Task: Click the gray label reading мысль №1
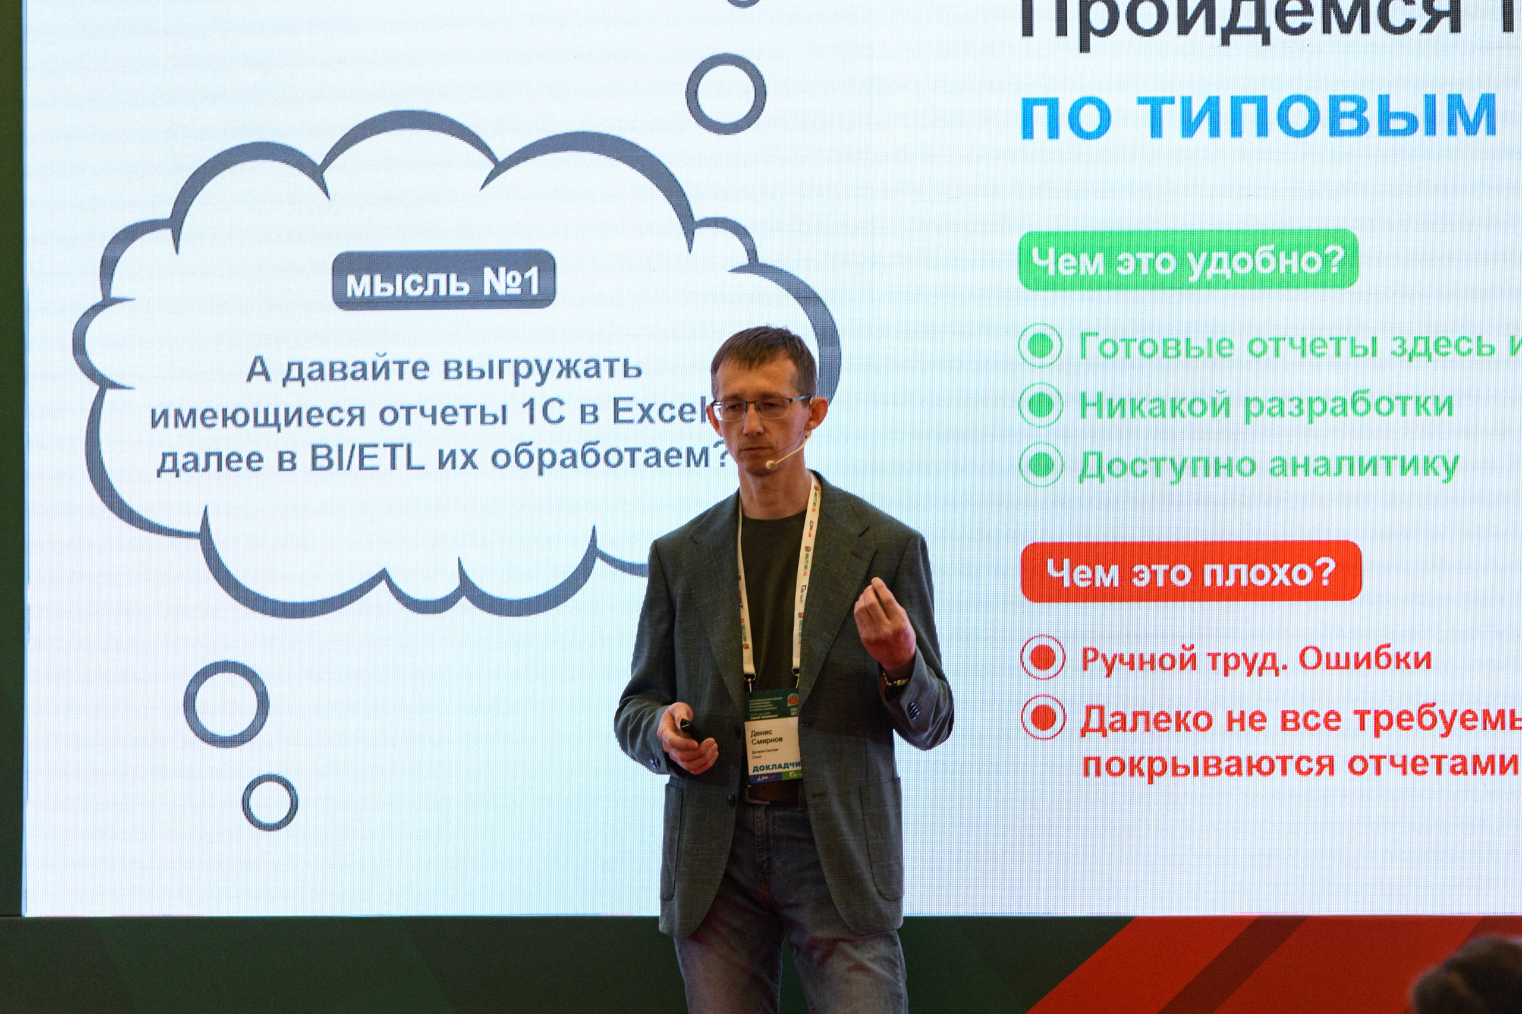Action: tap(444, 280)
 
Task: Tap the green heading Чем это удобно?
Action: tap(1188, 260)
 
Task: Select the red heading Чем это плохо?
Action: tap(1191, 572)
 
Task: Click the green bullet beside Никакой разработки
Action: tap(1040, 405)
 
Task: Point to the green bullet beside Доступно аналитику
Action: tap(1040, 464)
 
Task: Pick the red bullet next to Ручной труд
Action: tap(1043, 658)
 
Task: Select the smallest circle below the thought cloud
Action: tap(270, 802)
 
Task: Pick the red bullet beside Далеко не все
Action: tap(1043, 717)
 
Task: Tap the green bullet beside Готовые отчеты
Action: tap(1040, 345)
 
